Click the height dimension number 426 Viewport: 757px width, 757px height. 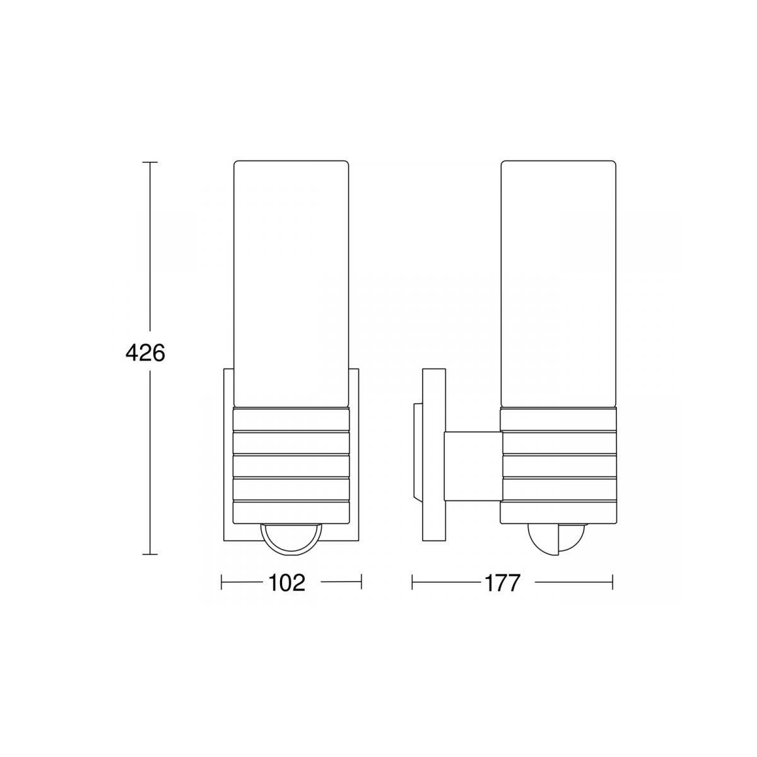click(145, 354)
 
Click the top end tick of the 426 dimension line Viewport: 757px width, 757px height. click(150, 162)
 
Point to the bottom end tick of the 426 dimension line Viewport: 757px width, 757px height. click(150, 555)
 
